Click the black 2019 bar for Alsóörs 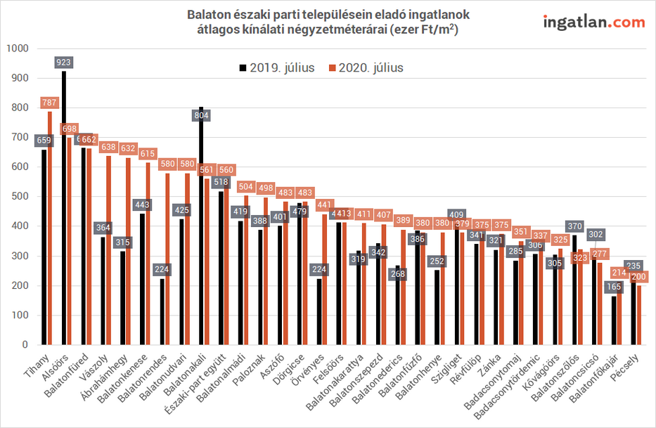click(64, 211)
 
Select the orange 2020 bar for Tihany click(50, 232)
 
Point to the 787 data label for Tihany click(50, 103)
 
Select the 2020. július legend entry click(365, 67)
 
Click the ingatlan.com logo click(593, 22)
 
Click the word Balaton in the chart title click(209, 15)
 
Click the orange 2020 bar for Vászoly click(109, 253)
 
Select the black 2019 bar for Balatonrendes click(162, 313)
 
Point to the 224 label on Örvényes click(320, 270)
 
